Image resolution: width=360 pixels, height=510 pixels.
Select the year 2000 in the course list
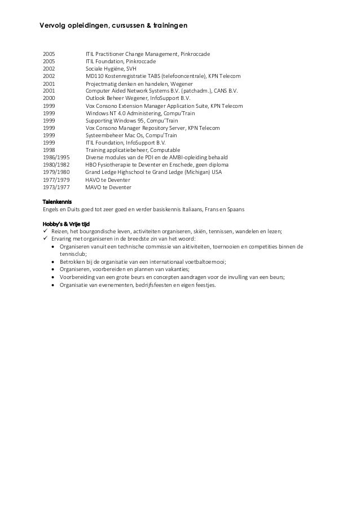(x=49, y=98)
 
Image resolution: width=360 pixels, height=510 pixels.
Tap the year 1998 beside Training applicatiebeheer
(x=49, y=150)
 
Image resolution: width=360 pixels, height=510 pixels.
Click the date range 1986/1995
(x=56, y=158)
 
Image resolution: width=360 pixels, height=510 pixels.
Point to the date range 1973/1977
(x=56, y=187)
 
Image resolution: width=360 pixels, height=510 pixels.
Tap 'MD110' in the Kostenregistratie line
(x=95, y=76)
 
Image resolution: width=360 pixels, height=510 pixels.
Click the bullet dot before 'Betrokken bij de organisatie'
(x=53, y=262)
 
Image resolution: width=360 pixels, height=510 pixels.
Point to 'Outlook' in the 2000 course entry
(x=96, y=98)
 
